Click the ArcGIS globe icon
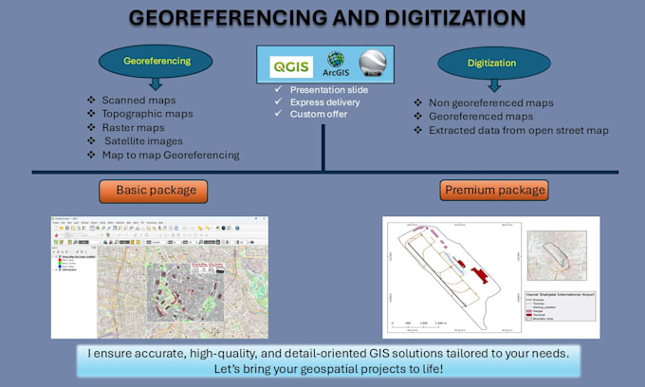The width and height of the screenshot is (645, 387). click(333, 60)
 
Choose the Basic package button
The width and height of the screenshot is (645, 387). click(156, 191)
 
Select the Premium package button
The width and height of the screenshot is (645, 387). click(494, 191)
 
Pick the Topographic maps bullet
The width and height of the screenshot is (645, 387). click(146, 114)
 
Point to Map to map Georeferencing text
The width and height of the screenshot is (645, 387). click(170, 155)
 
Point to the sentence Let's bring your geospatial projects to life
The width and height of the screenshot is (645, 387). click(322, 369)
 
